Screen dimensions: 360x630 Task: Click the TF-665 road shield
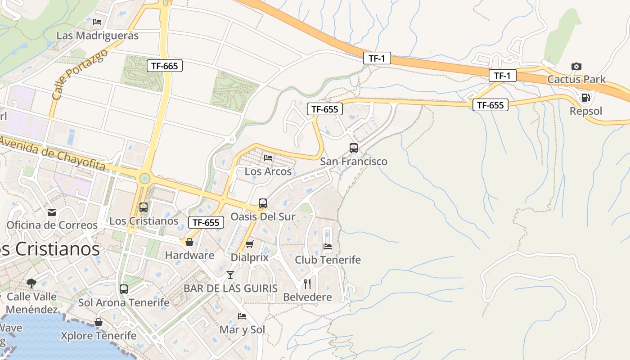(x=164, y=66)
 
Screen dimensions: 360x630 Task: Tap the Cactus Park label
(x=576, y=80)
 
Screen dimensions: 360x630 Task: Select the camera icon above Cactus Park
(x=576, y=67)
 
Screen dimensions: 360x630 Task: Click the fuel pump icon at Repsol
(x=585, y=97)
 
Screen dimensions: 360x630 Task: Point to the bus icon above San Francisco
(x=354, y=148)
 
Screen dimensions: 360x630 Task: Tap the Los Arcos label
(x=268, y=171)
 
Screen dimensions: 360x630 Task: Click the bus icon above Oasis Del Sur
(x=263, y=203)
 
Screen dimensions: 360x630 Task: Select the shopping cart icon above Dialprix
(x=249, y=244)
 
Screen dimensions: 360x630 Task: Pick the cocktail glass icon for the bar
(x=230, y=274)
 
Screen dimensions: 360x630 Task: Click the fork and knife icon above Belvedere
(x=307, y=283)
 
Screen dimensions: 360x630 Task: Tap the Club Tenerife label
(x=328, y=260)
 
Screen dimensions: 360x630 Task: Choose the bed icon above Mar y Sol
(x=242, y=316)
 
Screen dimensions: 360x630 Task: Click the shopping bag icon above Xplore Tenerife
(x=99, y=322)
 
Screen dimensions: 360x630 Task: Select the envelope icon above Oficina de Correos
(x=52, y=212)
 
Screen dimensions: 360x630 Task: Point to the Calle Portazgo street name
(x=80, y=74)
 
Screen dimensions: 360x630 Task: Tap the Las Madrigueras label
(x=97, y=36)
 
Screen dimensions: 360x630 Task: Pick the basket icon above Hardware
(x=189, y=242)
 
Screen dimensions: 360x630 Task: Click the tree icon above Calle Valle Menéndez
(x=31, y=283)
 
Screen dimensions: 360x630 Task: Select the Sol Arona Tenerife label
(x=124, y=302)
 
